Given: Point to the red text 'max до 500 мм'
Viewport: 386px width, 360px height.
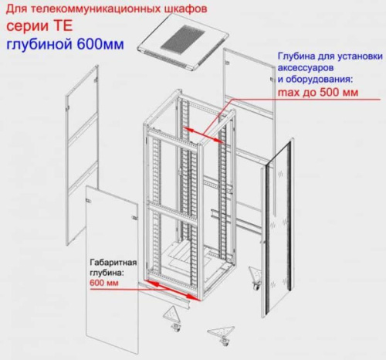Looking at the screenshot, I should [x=317, y=93].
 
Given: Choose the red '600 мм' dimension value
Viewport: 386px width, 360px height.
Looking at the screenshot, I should [x=102, y=283].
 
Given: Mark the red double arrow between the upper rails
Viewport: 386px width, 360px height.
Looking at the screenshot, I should [x=206, y=132].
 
